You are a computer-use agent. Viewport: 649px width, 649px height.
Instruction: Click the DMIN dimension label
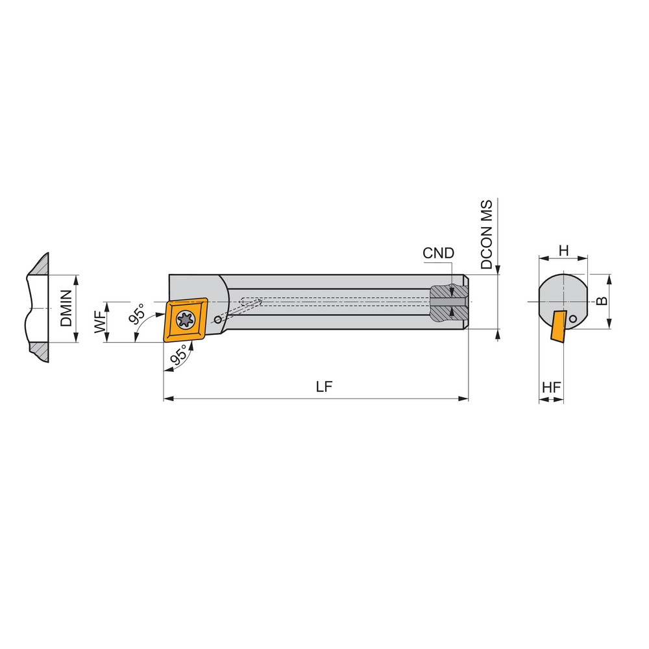tap(66, 308)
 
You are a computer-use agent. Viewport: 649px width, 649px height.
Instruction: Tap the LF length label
tap(324, 387)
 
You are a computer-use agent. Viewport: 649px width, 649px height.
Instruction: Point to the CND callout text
tap(438, 253)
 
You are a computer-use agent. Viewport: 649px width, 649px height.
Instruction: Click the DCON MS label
tap(487, 234)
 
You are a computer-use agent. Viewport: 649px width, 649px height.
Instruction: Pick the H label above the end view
tap(563, 250)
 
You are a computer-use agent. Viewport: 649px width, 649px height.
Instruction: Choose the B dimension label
tap(602, 301)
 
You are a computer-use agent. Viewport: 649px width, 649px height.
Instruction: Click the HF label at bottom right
tap(551, 387)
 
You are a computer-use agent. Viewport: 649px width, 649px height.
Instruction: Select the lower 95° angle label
tap(179, 355)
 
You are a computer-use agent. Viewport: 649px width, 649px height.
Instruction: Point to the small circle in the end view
tap(573, 319)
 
